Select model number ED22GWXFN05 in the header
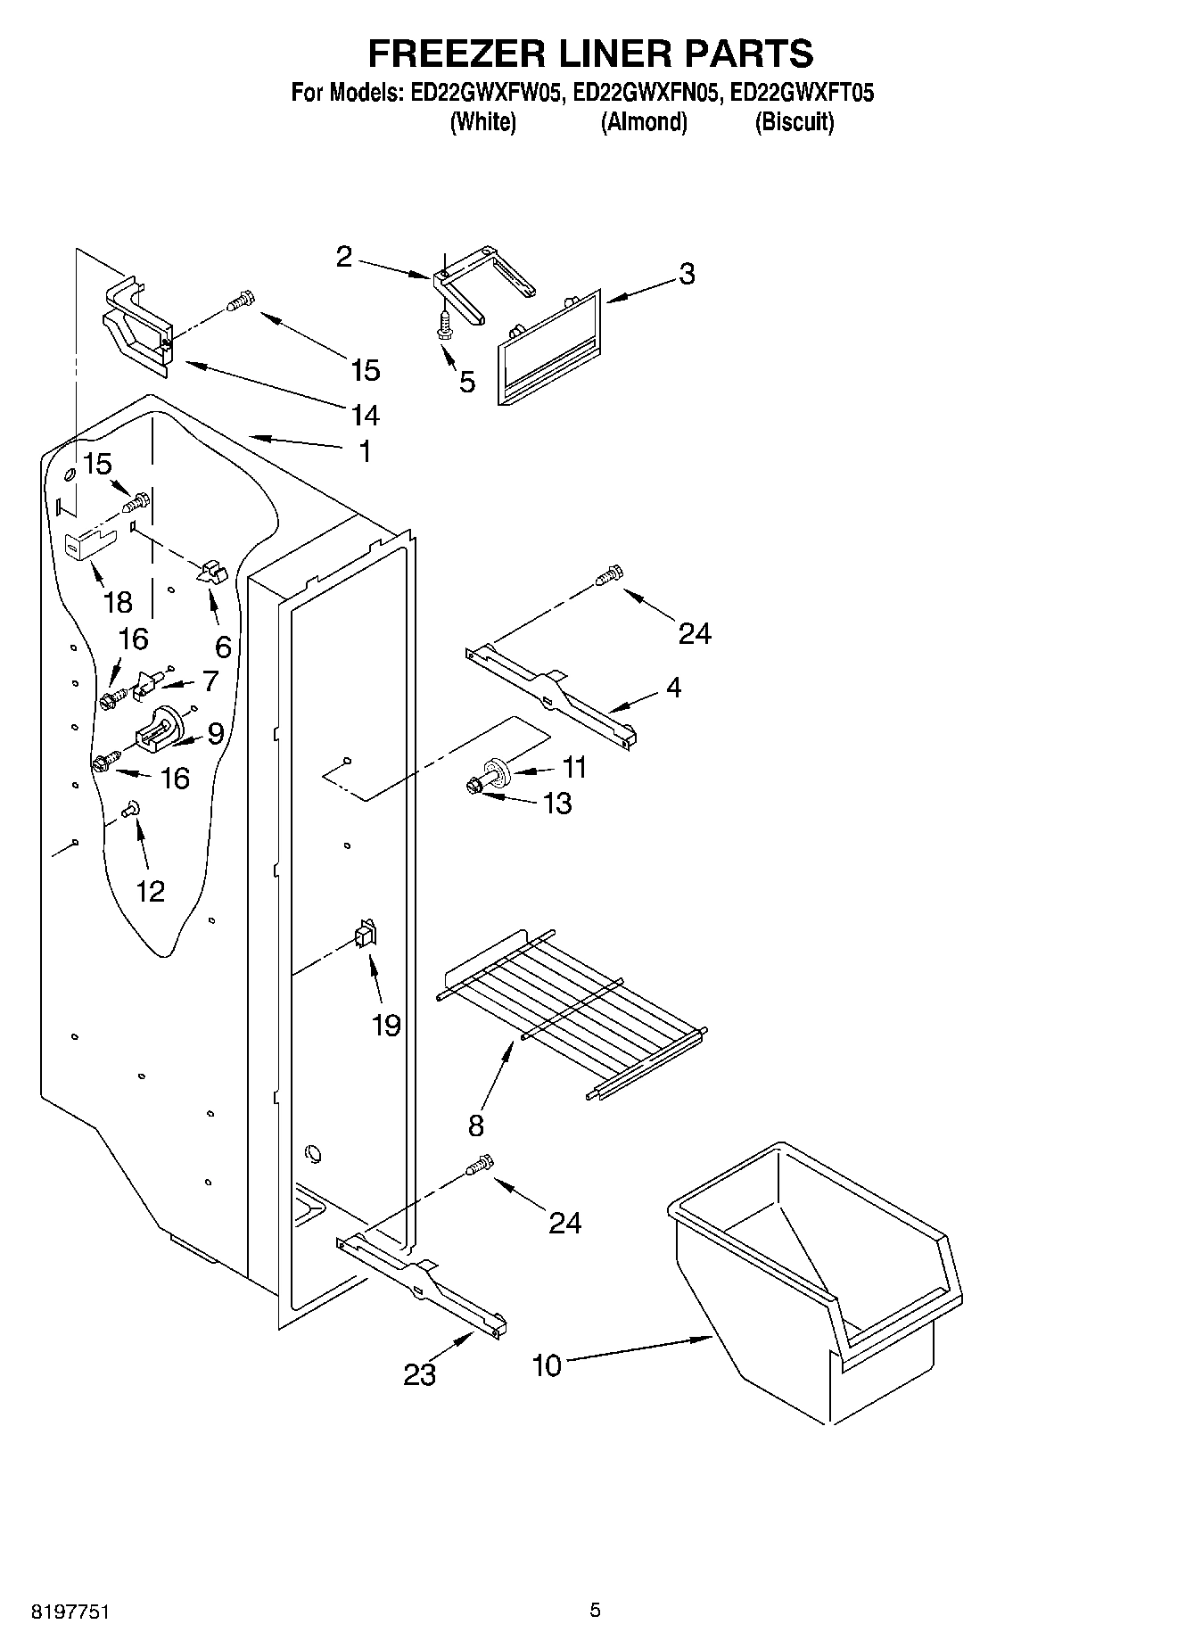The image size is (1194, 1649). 645,93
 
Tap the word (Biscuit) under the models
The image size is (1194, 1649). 794,122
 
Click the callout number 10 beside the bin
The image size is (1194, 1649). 548,1365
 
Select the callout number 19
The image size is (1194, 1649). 386,1026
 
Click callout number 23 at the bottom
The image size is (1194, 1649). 419,1375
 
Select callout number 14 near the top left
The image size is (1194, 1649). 366,415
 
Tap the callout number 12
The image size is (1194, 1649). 151,890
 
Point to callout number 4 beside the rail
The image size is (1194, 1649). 673,687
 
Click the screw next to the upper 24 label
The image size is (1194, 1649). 609,575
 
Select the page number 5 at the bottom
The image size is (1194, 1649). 595,1611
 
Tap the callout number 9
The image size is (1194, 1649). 215,733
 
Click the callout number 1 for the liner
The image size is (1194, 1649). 364,451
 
